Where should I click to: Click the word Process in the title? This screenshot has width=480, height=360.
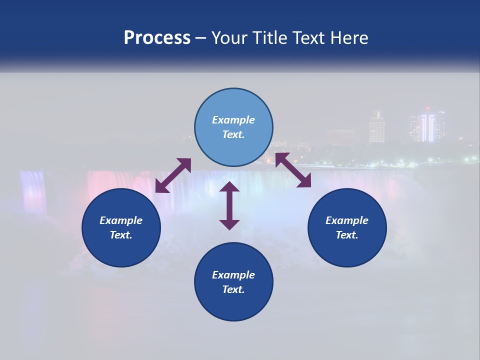click(x=157, y=37)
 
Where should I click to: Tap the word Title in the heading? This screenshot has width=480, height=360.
click(x=269, y=37)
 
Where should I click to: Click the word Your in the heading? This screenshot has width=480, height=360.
click(x=230, y=37)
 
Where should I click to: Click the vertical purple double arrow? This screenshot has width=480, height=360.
click(x=229, y=206)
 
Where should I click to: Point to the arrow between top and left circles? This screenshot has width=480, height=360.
click(x=173, y=175)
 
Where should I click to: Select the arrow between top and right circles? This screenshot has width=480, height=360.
click(x=293, y=170)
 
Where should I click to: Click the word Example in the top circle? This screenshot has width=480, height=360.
click(x=233, y=120)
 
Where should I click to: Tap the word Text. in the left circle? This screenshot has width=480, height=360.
click(x=121, y=235)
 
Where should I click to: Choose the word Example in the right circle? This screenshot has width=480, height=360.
click(x=347, y=220)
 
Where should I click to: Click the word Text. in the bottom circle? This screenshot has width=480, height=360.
click(x=233, y=289)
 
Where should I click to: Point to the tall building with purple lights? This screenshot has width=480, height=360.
click(x=426, y=126)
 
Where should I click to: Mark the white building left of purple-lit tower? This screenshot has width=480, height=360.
click(x=376, y=127)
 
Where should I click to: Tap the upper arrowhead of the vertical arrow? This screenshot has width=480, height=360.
click(x=229, y=187)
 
